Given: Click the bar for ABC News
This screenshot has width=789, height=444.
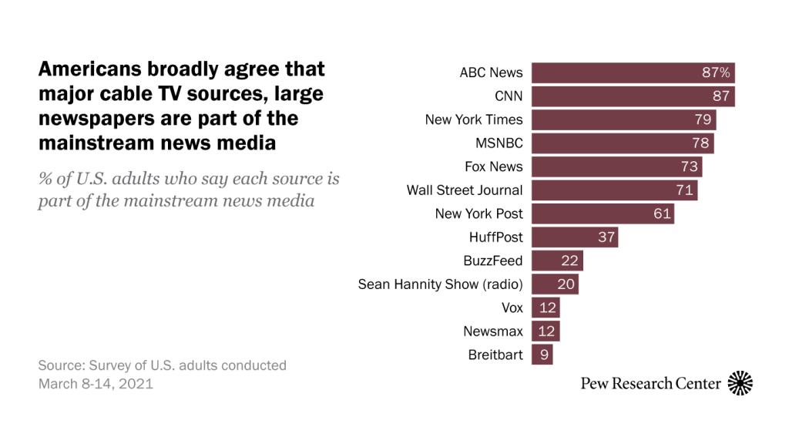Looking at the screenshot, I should (633, 73).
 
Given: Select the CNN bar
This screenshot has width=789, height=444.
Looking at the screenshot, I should (633, 96).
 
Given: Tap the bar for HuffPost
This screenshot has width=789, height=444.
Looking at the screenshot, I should (575, 237).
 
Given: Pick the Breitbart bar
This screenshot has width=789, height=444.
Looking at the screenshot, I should (542, 355).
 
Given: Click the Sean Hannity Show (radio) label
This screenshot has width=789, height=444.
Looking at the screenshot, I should (440, 284).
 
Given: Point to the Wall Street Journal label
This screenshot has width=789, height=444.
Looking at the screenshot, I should (465, 190).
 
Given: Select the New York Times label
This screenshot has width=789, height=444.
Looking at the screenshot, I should (474, 119).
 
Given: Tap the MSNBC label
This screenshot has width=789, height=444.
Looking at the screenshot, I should (499, 143).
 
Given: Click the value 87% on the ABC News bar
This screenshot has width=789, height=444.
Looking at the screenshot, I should (715, 73).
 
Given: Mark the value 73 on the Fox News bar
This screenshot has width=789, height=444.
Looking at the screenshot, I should (689, 167).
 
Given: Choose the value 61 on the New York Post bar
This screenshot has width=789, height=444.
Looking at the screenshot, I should (662, 214).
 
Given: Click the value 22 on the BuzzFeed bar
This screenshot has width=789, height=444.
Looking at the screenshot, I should (570, 261).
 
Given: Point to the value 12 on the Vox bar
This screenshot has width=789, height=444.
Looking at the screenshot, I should (547, 308).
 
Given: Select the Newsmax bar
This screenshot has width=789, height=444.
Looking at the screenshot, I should (546, 331).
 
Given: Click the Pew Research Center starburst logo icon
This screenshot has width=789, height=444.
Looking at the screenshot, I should (740, 383).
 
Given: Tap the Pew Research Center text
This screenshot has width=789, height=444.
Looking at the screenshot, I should (651, 383).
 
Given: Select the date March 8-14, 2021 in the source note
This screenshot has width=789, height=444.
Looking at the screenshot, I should (96, 383).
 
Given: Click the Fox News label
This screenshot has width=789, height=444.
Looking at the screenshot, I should (493, 167).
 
